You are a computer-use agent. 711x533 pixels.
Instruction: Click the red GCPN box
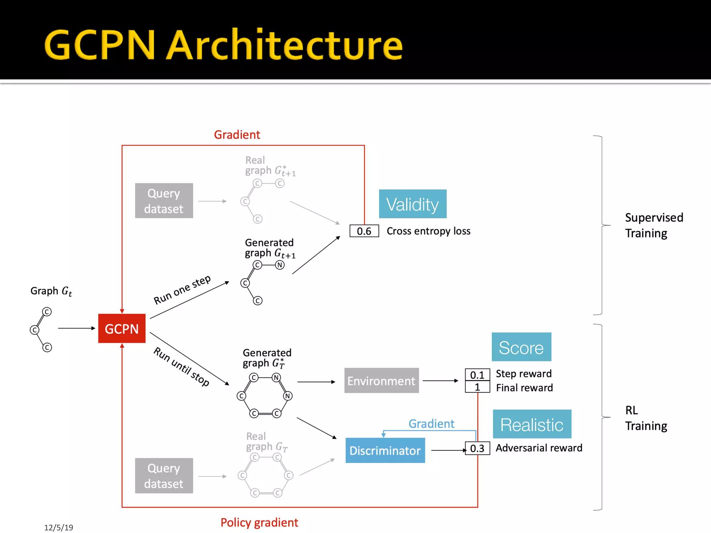point(122,328)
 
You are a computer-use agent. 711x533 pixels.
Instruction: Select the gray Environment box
point(381,381)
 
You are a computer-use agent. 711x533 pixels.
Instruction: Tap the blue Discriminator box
point(385,450)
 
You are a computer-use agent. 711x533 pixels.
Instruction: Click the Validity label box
point(412,204)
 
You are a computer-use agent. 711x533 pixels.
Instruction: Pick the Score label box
point(521,347)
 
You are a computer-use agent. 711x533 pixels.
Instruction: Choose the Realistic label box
point(532,424)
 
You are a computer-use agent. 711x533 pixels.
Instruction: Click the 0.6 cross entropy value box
point(364,231)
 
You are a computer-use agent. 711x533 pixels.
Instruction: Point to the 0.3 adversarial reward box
point(477,448)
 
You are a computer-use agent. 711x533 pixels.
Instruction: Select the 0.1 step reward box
point(477,375)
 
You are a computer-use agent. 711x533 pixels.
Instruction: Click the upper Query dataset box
point(164,201)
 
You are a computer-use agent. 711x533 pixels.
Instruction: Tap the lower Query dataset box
point(164,476)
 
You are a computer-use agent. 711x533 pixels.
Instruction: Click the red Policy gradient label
point(259,522)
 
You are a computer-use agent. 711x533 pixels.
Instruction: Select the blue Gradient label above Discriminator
point(431,424)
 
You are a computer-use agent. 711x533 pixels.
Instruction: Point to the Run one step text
point(182,290)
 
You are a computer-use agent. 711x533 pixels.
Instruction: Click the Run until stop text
point(182,367)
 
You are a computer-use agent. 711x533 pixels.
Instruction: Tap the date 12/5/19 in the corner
point(59,527)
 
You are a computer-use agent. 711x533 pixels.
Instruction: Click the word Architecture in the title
point(285,45)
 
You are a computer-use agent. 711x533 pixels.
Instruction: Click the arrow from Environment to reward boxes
point(440,381)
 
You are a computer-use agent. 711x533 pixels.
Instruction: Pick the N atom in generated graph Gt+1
point(280,265)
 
